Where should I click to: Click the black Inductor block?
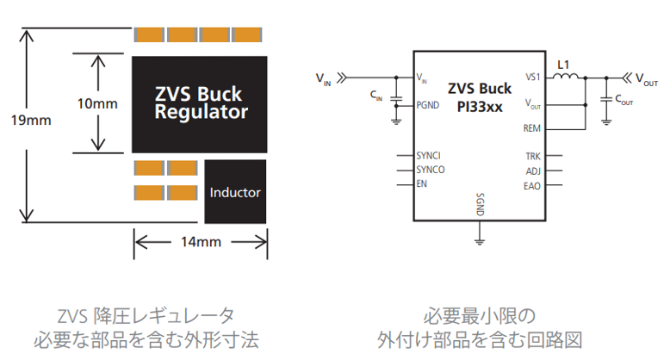pyautogui.click(x=235, y=191)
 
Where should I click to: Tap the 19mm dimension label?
pyautogui.click(x=31, y=121)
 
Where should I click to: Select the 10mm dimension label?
pyautogui.click(x=97, y=103)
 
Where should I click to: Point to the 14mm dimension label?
pyautogui.click(x=202, y=242)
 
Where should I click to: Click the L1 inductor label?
pyautogui.click(x=563, y=65)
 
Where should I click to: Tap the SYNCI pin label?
pyautogui.click(x=428, y=155)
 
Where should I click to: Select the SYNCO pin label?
pyautogui.click(x=431, y=170)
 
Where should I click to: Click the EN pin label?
pyautogui.click(x=421, y=183)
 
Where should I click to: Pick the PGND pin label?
pyautogui.click(x=428, y=105)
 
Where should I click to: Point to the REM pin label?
pyautogui.click(x=532, y=128)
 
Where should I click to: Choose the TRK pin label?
pyautogui.click(x=533, y=156)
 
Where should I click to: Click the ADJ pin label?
pyautogui.click(x=533, y=171)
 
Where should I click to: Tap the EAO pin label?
pyautogui.click(x=532, y=186)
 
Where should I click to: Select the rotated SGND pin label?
pyautogui.click(x=480, y=205)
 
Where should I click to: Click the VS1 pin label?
pyautogui.click(x=533, y=78)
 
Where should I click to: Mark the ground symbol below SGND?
pyautogui.click(x=480, y=242)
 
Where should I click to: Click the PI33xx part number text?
pyautogui.click(x=480, y=106)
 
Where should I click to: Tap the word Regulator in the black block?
pyautogui.click(x=202, y=112)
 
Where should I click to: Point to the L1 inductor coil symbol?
pyautogui.click(x=565, y=77)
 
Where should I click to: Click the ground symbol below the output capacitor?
pyautogui.click(x=606, y=121)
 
